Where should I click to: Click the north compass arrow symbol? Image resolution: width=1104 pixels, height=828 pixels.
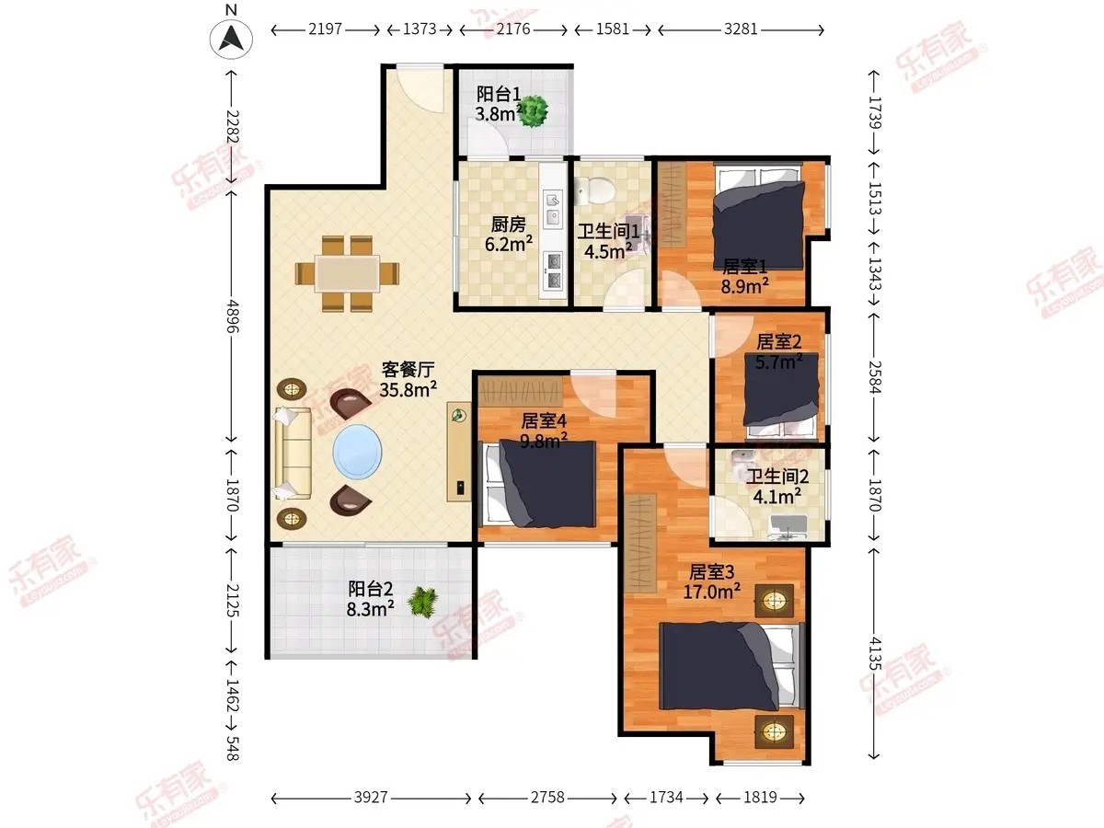[x=231, y=39]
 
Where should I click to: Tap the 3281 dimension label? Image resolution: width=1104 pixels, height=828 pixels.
[x=741, y=29]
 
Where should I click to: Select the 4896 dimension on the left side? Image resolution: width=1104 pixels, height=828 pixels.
[x=233, y=316]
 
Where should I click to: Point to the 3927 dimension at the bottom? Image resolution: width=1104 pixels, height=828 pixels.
[x=371, y=798]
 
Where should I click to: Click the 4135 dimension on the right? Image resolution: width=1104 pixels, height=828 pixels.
[x=876, y=653]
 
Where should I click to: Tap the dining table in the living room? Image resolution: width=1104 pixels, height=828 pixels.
[x=347, y=273]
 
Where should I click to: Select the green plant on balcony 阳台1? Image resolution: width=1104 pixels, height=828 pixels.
[x=533, y=111]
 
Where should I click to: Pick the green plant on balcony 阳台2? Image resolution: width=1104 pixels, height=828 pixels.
[x=423, y=602]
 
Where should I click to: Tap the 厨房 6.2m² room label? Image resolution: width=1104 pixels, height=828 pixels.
[x=509, y=234]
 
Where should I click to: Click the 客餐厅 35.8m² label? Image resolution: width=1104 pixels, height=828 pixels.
[x=408, y=380]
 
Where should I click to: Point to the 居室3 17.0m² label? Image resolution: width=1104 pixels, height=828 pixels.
[x=711, y=581]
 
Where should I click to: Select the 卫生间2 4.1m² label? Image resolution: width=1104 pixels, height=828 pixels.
[x=777, y=486]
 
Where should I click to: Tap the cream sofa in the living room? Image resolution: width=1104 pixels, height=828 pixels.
[x=293, y=454]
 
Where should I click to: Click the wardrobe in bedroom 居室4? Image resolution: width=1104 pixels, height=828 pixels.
[x=521, y=392]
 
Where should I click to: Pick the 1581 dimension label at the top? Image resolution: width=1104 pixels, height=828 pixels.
[x=612, y=29]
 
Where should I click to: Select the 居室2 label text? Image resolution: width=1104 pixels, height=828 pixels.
[x=778, y=342]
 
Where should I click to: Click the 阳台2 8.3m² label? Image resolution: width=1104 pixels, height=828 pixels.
[x=370, y=599]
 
